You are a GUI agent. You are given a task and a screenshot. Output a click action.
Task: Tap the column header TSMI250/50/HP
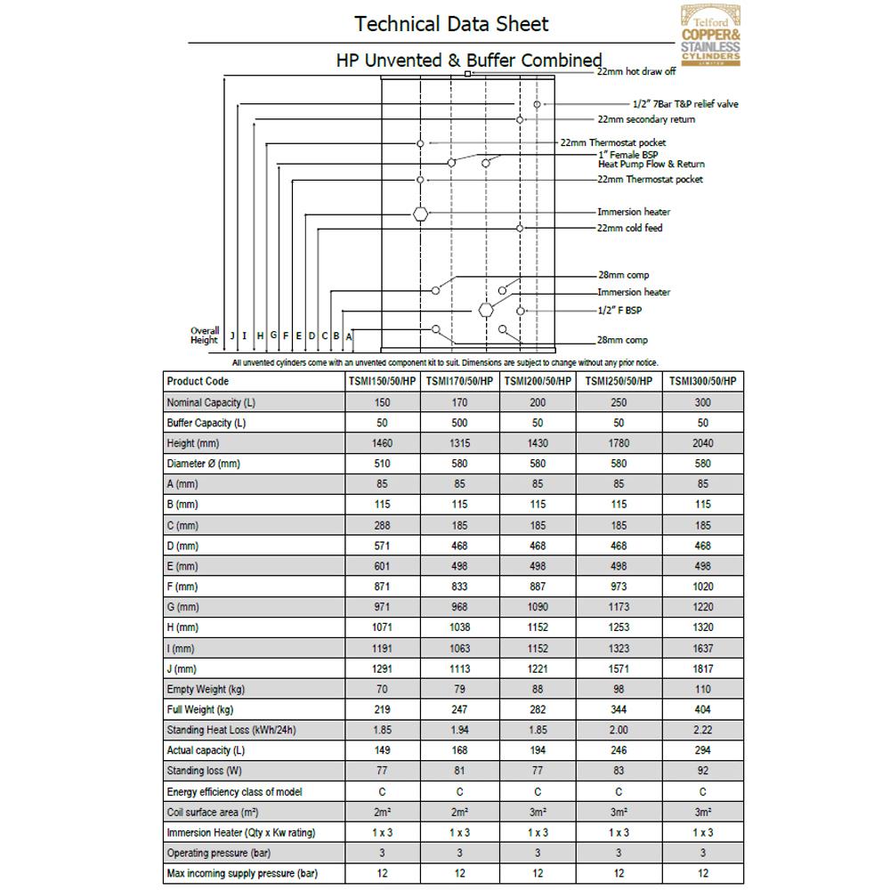(x=619, y=381)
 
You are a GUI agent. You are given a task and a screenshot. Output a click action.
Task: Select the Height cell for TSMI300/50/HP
(x=703, y=443)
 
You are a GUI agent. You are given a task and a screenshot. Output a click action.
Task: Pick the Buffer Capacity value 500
(x=459, y=423)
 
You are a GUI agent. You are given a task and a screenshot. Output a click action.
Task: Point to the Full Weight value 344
(x=619, y=710)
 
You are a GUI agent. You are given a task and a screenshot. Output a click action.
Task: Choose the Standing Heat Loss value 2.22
(x=703, y=731)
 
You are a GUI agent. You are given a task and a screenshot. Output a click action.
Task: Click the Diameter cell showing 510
(x=382, y=464)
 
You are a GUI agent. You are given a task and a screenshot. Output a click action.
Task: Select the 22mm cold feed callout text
(x=629, y=229)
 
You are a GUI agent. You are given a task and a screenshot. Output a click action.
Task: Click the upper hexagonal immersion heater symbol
(x=421, y=214)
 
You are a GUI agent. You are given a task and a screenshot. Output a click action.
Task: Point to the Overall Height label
(x=205, y=336)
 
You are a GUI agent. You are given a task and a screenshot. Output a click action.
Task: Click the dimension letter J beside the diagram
(x=231, y=336)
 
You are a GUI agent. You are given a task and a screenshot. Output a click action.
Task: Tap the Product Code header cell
(x=198, y=381)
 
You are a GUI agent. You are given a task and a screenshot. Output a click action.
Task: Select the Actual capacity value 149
(x=382, y=751)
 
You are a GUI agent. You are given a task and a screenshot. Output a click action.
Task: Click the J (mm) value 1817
(x=703, y=669)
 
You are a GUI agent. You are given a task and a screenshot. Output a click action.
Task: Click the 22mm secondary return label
(x=646, y=119)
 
